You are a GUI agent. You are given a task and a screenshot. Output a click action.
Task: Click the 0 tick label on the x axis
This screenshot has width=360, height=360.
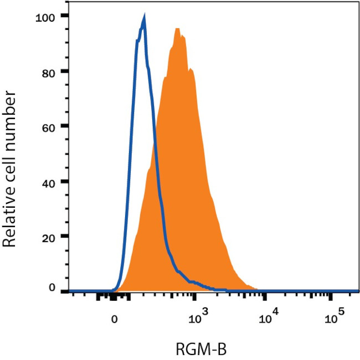pos(115,319)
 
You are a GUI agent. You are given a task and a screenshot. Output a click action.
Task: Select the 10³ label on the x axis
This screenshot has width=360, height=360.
pos(198,317)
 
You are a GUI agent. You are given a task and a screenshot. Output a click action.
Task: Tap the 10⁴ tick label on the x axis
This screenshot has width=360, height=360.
pos(269,317)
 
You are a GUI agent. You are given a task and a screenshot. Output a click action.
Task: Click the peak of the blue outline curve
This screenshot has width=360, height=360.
pos(144,18)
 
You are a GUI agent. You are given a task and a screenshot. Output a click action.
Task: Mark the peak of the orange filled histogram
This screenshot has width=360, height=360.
pos(177,28)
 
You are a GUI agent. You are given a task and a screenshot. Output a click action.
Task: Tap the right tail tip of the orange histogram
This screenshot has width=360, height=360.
pos(258,289)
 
